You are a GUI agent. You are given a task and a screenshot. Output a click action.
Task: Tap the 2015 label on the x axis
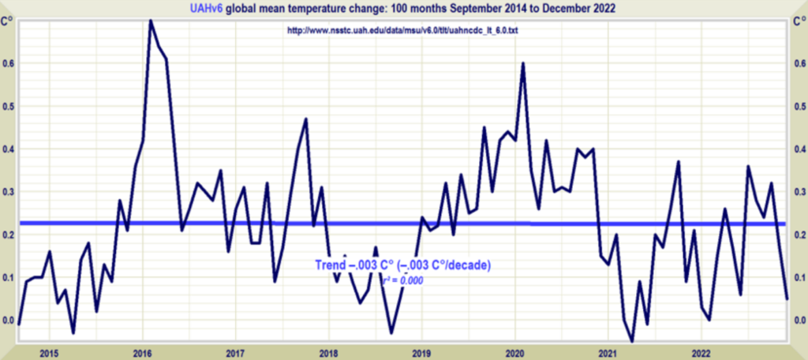click(49, 352)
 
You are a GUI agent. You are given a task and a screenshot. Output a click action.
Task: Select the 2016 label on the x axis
click(142, 352)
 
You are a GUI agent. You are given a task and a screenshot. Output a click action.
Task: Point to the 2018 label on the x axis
click(328, 352)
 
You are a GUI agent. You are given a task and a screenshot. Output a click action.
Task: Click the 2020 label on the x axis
click(514, 352)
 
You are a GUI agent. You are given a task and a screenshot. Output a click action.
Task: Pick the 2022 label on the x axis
click(701, 352)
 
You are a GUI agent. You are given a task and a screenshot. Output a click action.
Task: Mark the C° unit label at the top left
click(11, 21)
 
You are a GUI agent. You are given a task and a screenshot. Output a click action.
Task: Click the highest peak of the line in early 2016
click(150, 21)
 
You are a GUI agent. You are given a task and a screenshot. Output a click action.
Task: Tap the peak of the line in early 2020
click(523, 63)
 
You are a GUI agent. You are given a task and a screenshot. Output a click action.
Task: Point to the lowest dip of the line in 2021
click(632, 341)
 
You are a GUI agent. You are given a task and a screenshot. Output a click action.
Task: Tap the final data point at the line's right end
click(787, 298)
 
